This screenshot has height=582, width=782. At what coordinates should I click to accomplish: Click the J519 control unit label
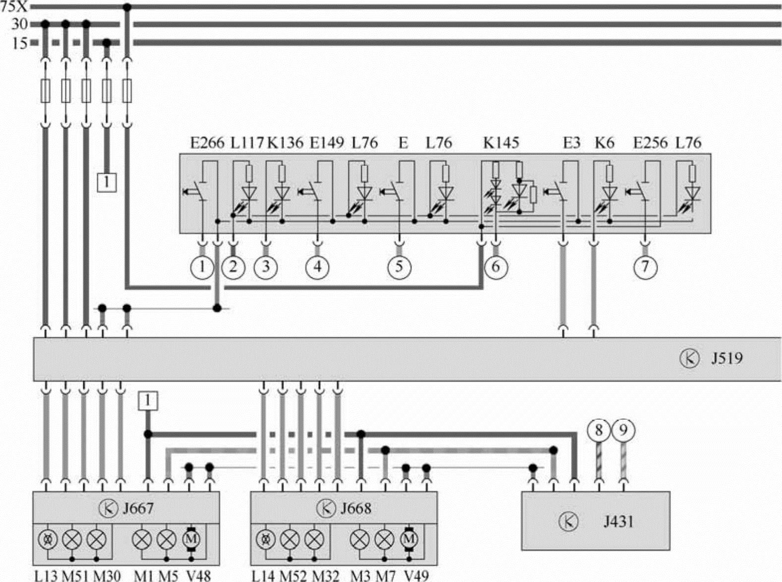727,358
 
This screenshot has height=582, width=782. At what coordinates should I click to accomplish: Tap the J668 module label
355,509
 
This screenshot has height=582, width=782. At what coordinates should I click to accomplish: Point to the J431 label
618,522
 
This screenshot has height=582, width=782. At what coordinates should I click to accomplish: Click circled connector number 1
202,267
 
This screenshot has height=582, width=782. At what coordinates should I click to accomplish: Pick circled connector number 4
318,267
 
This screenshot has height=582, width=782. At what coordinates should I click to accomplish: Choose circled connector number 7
645,267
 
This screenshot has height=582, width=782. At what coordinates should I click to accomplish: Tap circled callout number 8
599,430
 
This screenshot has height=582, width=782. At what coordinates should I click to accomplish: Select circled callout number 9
623,430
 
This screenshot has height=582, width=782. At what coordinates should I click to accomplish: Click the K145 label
501,143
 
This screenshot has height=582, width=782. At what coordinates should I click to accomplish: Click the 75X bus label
14,7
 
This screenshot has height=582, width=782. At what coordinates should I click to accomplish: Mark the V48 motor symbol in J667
191,539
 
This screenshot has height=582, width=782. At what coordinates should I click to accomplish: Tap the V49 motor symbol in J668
409,539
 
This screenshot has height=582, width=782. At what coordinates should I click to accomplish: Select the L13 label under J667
46,576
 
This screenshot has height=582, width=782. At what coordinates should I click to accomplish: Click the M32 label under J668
326,576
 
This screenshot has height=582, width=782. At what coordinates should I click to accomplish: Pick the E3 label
571,143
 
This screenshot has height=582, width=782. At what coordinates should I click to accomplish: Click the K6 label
604,143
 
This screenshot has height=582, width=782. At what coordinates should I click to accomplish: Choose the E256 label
651,143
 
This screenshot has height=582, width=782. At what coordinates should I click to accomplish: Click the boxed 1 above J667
148,400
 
